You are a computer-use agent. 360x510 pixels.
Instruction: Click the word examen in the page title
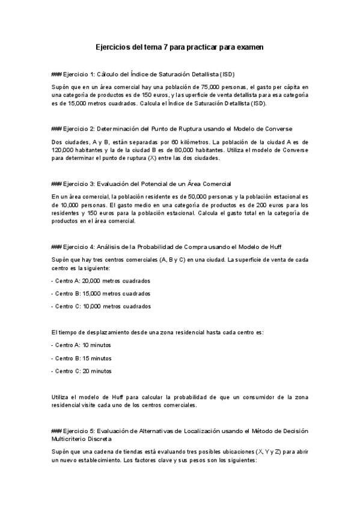248,46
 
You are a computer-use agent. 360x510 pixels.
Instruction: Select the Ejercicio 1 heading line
143,74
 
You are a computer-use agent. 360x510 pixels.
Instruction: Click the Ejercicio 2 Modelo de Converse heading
172,129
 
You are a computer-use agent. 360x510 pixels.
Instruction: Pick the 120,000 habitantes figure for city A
65,150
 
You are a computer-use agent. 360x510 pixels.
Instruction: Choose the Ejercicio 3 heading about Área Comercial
142,183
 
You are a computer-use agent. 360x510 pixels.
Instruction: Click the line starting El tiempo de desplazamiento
157,332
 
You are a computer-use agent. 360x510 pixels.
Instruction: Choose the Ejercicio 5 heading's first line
180,431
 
